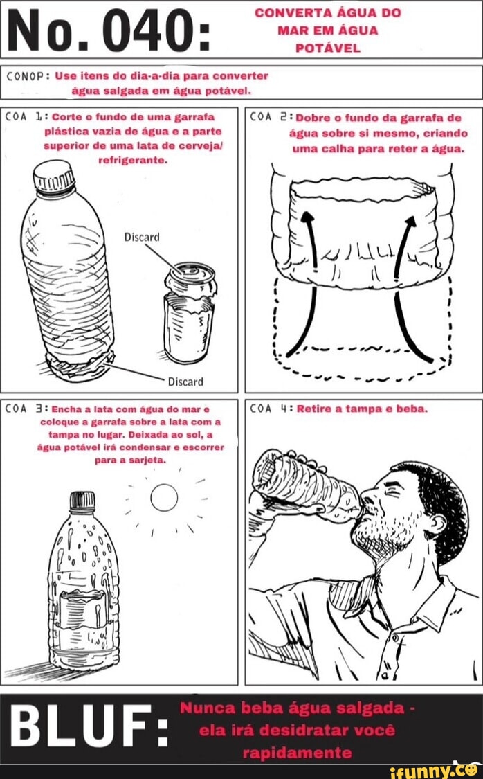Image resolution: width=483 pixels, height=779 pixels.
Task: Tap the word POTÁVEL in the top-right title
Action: (x=327, y=48)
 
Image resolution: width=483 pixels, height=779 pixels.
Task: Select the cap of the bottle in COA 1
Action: (x=53, y=177)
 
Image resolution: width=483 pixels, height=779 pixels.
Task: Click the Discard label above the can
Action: (x=142, y=237)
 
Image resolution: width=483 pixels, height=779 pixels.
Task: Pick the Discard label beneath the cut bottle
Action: (x=185, y=382)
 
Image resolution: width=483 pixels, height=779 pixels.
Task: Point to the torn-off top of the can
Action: (x=191, y=279)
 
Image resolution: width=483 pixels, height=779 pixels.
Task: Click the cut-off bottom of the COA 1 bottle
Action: (x=80, y=366)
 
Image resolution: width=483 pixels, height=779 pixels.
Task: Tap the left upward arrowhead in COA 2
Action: (x=308, y=219)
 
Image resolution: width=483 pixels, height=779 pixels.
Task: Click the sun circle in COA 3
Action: (x=164, y=497)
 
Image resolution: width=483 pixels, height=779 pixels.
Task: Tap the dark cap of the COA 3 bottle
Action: (x=82, y=502)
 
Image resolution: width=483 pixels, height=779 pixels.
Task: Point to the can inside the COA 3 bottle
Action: (x=82, y=610)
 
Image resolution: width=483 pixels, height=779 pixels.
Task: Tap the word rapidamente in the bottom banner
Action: (x=297, y=753)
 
